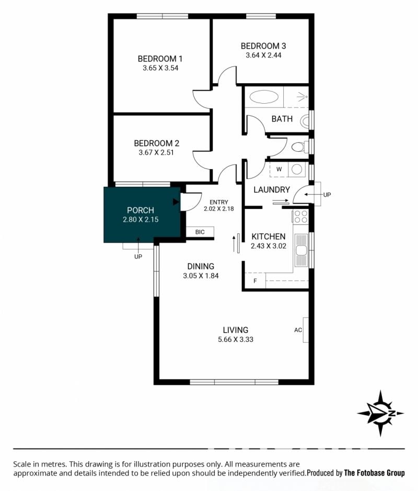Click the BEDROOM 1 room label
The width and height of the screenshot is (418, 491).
pos(160,59)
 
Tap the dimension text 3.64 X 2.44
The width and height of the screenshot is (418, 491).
pos(263,55)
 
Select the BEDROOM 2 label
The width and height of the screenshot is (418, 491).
pos(156,143)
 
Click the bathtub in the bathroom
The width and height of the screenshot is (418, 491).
pos(264,97)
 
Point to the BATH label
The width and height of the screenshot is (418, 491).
pos(282,119)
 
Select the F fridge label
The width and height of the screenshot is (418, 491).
pos(255,281)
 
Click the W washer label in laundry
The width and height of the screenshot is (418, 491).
pos(279,169)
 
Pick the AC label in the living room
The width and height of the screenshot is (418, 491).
pos(298,330)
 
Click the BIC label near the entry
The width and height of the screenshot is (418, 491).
pos(200,232)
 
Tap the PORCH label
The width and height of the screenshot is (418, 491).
pos(141,210)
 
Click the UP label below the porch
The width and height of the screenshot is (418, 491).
pos(138,256)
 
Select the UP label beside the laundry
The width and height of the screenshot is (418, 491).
pos(327,195)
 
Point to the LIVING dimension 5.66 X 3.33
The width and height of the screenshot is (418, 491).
pos(236,339)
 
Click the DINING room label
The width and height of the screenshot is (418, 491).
pos(201,266)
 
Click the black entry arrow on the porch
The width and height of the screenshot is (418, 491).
pos(176,202)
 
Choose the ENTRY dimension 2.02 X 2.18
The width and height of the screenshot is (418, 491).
pos(219,209)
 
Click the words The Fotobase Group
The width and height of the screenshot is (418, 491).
pos(374,473)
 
